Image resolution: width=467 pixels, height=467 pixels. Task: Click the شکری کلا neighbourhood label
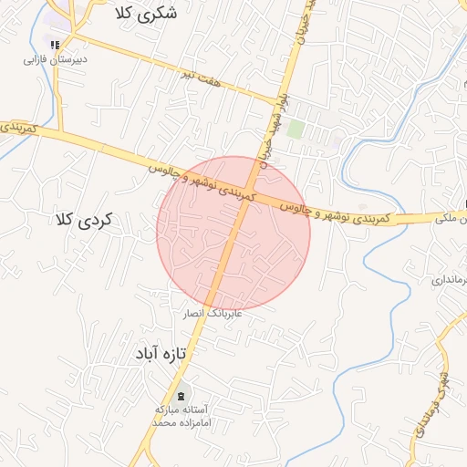coord(147,14)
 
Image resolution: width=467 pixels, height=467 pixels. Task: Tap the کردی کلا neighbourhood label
coord(83,220)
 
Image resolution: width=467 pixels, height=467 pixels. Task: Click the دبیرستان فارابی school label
coord(55,59)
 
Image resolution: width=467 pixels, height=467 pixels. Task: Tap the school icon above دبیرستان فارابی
coord(55,44)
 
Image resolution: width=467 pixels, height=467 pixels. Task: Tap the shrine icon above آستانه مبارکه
coord(181,395)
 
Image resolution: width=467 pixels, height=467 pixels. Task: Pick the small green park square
coord(296,129)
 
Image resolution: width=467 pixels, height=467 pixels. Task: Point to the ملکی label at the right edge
coord(452,219)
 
